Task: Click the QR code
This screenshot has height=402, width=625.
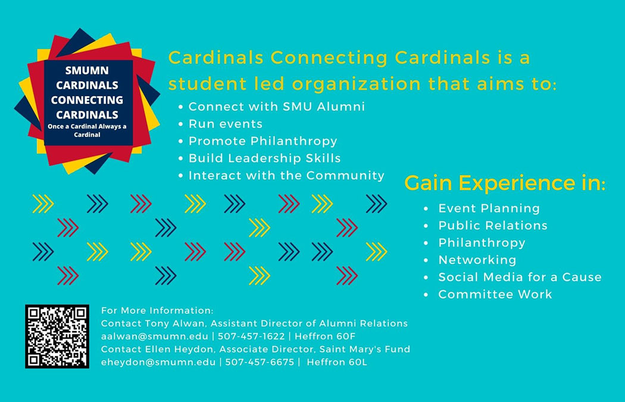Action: coord(57,336)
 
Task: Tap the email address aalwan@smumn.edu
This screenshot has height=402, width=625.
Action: coord(155,336)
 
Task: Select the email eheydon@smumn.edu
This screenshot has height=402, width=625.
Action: coord(158,362)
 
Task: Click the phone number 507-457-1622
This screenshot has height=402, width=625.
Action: coord(251,336)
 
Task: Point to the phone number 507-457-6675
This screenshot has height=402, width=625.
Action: coord(260,362)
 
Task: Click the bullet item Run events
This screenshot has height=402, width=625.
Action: coord(226,124)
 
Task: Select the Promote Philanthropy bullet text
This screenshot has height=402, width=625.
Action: coord(263,141)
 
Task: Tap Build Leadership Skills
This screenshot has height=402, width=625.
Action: coord(265,158)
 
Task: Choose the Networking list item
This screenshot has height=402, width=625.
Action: coord(477,260)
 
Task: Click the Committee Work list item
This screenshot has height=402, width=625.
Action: coord(495,294)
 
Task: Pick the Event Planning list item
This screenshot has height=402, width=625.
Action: coord(489,208)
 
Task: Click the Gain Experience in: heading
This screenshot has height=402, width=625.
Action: coord(505,183)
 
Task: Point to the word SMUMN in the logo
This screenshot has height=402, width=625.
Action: coord(87,71)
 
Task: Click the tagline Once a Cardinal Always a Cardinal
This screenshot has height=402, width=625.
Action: coord(87,130)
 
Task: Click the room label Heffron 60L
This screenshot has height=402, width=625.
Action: coord(337,362)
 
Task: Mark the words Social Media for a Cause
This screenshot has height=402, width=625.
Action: coord(520,277)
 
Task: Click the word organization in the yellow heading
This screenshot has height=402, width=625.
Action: coord(357,85)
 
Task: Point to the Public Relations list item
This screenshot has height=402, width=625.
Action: coord(493,225)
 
